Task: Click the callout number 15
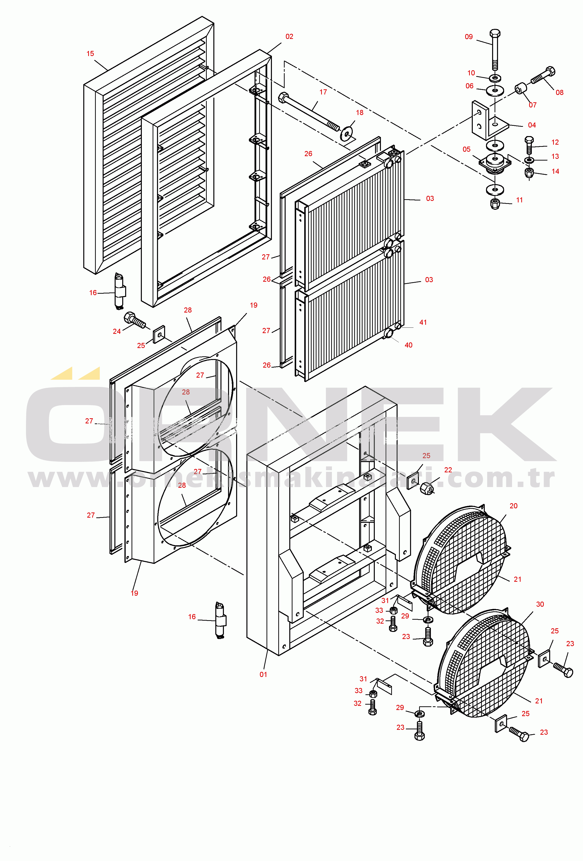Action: click(x=90, y=54)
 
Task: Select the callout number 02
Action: click(x=289, y=37)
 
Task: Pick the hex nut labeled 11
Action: click(x=495, y=203)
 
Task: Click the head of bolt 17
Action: click(x=283, y=98)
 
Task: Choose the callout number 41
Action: click(x=423, y=322)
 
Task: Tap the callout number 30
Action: click(x=540, y=604)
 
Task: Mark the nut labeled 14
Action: click(x=529, y=173)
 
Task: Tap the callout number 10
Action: click(x=471, y=73)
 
